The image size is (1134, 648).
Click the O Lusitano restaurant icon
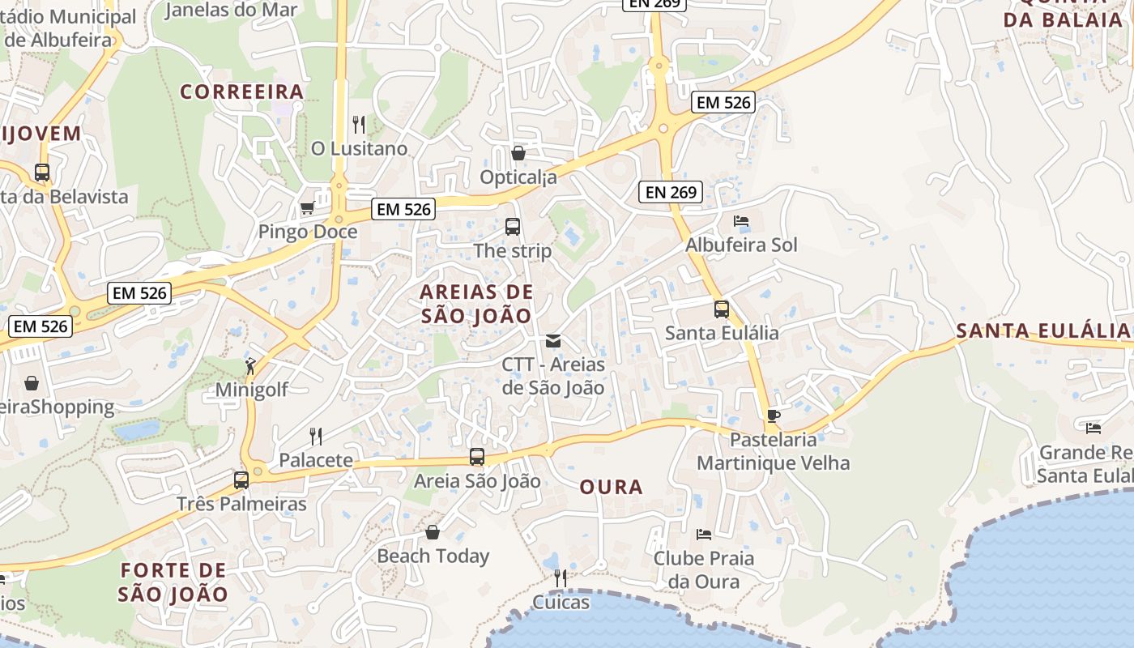pyautogui.click(x=359, y=124)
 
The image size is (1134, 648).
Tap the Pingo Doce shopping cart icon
pyautogui.click(x=307, y=208)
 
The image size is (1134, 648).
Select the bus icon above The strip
pyautogui.click(x=513, y=227)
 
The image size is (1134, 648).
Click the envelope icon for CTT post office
pyautogui.click(x=553, y=341)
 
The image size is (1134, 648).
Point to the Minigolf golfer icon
pyautogui.click(x=251, y=366)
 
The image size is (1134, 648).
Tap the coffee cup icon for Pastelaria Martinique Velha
pyautogui.click(x=774, y=416)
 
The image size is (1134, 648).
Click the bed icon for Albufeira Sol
pyautogui.click(x=741, y=221)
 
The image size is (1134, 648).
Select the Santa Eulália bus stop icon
pyautogui.click(x=722, y=309)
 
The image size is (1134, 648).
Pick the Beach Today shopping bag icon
pyautogui.click(x=433, y=532)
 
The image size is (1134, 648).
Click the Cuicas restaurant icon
pyautogui.click(x=560, y=578)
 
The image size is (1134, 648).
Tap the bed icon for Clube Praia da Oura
pyautogui.click(x=704, y=535)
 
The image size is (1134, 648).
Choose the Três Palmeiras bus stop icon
pyautogui.click(x=241, y=480)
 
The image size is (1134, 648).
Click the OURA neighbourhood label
pyautogui.click(x=612, y=487)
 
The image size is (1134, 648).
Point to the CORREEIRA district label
pyautogui.click(x=241, y=92)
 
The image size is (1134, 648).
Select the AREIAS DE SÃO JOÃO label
pyautogui.click(x=476, y=304)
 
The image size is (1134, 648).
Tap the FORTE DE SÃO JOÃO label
pyautogui.click(x=173, y=582)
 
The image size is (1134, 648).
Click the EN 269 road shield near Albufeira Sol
pyautogui.click(x=670, y=192)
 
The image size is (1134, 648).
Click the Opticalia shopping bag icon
pyautogui.click(x=518, y=153)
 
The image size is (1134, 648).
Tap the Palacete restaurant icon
pyautogui.click(x=316, y=437)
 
